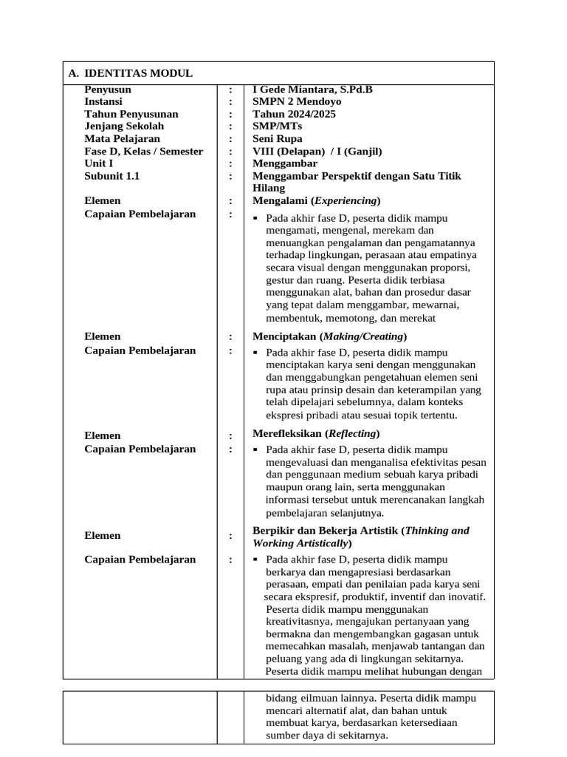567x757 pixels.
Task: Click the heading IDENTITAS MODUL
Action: click(x=138, y=73)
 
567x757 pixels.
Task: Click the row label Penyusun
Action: click(x=108, y=89)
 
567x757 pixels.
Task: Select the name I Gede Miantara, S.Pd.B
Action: click(x=312, y=89)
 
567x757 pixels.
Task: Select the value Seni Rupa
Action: click(x=277, y=138)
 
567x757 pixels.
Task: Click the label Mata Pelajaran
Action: click(x=122, y=138)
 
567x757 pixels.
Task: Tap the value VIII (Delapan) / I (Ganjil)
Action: click(x=317, y=151)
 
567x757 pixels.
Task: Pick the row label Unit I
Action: click(x=99, y=163)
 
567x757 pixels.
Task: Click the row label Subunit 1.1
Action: click(x=111, y=176)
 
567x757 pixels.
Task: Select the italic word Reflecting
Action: click(x=351, y=433)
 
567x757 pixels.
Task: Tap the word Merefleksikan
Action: click(x=286, y=433)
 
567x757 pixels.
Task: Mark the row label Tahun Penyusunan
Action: click(x=131, y=114)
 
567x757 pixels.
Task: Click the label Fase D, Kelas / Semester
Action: click(x=143, y=151)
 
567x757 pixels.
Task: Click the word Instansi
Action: click(x=103, y=101)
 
